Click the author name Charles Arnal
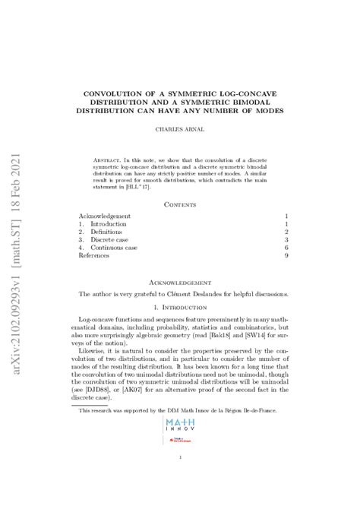180,129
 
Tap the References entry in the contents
94,256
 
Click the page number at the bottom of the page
180,457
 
